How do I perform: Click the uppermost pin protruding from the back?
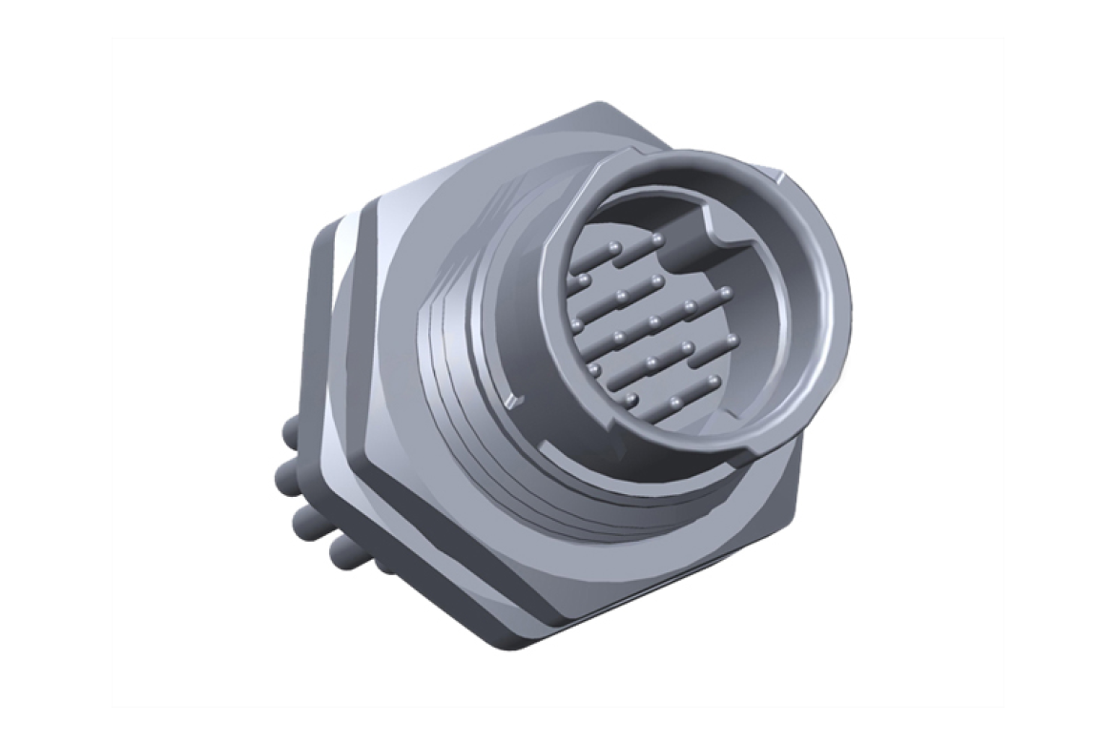click(289, 431)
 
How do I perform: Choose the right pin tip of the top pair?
click(657, 238)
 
